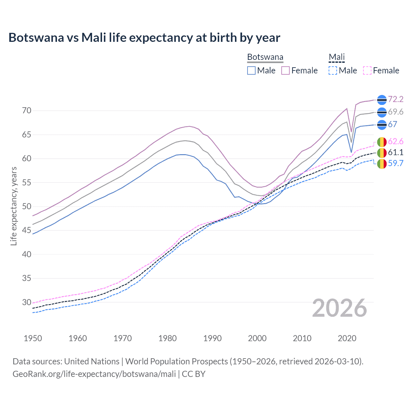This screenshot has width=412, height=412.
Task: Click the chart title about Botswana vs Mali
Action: [144, 38]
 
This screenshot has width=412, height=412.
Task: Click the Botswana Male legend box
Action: [251, 70]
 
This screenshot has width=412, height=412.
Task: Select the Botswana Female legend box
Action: [286, 70]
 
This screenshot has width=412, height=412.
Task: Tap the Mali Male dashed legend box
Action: [333, 70]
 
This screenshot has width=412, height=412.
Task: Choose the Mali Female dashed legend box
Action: [367, 70]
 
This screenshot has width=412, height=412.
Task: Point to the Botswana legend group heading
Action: [265, 57]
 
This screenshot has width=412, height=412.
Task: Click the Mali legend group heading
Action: [336, 57]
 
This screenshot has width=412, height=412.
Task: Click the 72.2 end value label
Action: [396, 99]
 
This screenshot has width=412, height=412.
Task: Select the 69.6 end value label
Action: [396, 112]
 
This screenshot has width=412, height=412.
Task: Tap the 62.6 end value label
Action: [396, 142]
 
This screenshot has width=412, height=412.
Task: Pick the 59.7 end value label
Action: [396, 164]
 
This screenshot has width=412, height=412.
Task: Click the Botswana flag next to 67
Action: [382, 125]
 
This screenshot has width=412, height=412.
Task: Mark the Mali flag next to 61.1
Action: [382, 153]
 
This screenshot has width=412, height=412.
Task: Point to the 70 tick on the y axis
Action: [27, 111]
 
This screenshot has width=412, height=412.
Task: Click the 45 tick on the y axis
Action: [27, 230]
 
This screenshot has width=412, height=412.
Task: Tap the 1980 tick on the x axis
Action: [167, 338]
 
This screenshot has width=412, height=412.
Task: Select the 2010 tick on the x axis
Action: [302, 338]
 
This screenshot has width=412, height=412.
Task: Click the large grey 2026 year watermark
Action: [339, 308]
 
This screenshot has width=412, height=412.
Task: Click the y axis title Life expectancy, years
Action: [14, 206]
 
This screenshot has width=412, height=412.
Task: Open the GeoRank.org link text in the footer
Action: [94, 374]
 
